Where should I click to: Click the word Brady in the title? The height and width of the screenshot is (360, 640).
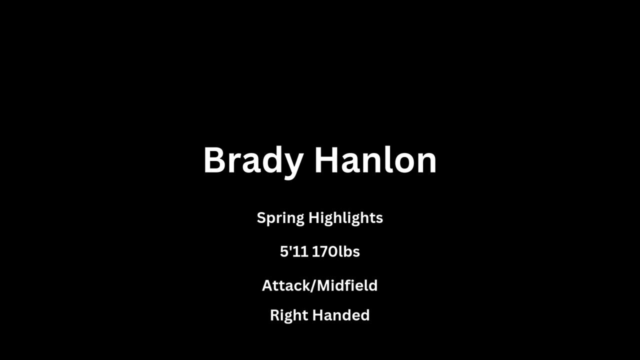point(253,162)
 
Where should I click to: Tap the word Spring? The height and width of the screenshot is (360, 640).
point(280,218)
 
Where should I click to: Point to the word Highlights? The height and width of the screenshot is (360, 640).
point(345,218)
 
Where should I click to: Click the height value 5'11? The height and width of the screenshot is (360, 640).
point(294,251)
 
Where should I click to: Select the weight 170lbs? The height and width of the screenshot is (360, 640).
point(336,251)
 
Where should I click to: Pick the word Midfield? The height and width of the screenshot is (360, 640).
point(347,285)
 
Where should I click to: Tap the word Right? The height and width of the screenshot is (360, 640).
point(288,316)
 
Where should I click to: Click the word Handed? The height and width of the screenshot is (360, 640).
point(341,315)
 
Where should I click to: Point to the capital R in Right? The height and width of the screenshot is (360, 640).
point(275,315)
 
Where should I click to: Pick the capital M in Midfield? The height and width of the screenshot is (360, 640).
point(323,285)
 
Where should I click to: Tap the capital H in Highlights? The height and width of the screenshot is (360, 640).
point(314,217)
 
